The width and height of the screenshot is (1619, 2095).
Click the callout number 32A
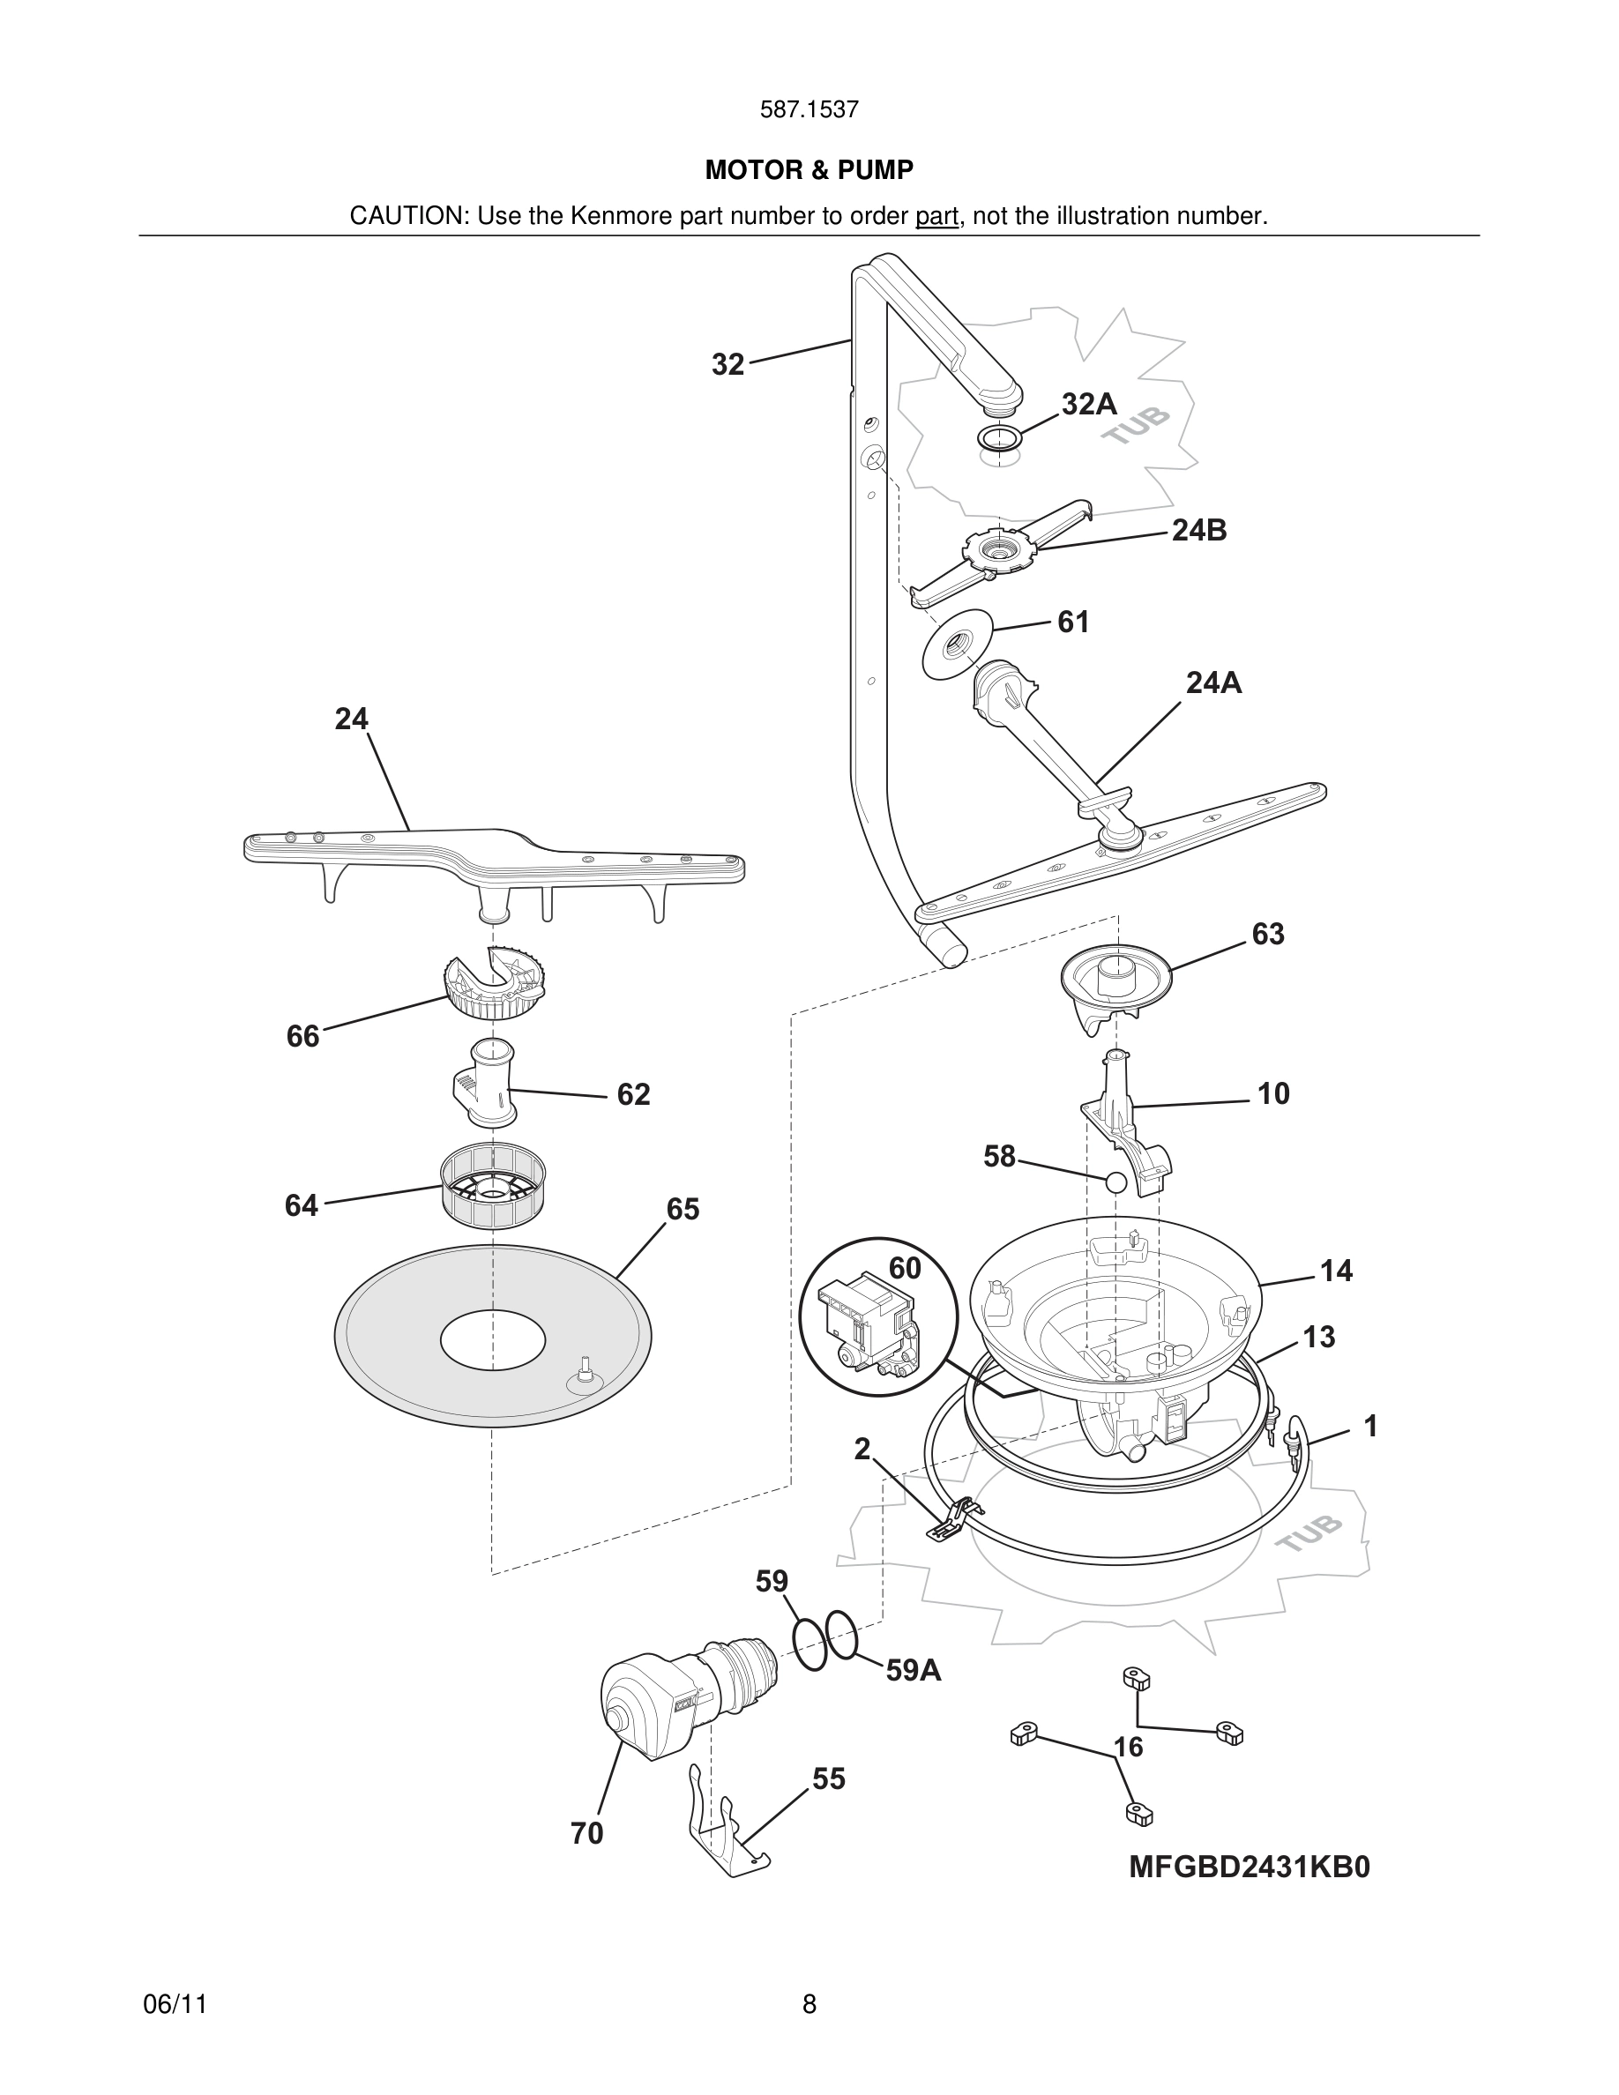point(1089,404)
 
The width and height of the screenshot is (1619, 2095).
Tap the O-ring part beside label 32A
point(999,439)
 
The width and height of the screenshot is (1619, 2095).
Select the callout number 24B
point(1199,531)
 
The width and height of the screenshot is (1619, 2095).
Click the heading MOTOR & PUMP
point(809,170)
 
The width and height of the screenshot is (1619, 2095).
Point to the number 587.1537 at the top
point(809,109)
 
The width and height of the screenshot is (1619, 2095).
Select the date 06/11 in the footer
point(175,2004)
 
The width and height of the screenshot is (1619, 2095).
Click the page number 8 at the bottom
point(809,2004)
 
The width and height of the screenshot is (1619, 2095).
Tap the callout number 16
point(1128,1747)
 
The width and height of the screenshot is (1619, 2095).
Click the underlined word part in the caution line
point(936,217)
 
